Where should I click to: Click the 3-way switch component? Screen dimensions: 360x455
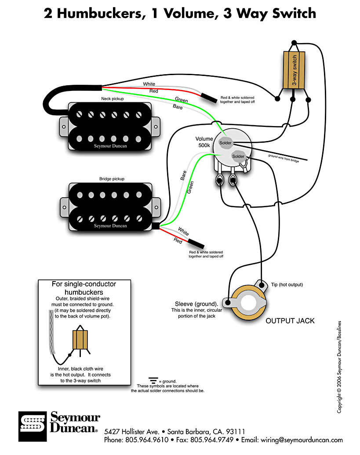point(294,70)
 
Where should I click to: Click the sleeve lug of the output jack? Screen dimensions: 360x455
point(228,303)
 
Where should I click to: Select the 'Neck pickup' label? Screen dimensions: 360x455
point(113,99)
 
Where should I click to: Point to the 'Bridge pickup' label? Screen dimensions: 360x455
point(112,179)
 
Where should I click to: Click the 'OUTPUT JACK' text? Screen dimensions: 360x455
point(290,321)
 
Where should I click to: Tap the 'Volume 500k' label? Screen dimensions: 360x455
point(204,142)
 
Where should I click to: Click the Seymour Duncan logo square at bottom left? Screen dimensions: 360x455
point(33,426)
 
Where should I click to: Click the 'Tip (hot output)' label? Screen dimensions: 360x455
point(287,285)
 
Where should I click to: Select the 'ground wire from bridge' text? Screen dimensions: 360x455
point(284,158)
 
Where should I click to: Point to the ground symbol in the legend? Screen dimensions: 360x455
point(153,380)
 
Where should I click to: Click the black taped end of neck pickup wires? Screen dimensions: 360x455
point(209,98)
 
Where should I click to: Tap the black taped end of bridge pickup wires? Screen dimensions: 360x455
point(196,243)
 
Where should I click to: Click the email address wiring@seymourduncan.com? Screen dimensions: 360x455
point(302,440)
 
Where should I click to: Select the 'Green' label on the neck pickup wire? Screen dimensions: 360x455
point(182,100)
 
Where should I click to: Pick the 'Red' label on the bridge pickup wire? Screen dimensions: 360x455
point(178,241)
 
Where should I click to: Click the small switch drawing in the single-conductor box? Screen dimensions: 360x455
point(80,340)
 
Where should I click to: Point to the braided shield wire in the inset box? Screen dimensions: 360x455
point(52,332)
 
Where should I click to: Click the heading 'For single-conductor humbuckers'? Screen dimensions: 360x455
point(84,288)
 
